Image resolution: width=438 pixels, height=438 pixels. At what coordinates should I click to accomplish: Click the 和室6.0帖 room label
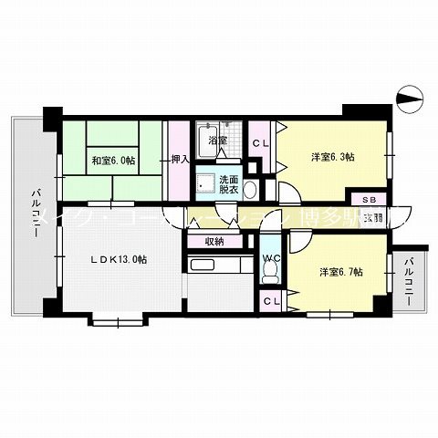click(x=113, y=162)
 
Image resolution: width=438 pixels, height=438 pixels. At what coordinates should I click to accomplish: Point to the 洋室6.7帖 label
click(x=341, y=272)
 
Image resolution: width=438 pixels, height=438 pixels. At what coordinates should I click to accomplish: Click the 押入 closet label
click(x=180, y=159)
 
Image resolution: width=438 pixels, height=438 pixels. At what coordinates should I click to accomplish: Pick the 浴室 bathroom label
click(x=216, y=141)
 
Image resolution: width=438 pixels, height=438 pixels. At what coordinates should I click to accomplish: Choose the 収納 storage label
click(x=214, y=241)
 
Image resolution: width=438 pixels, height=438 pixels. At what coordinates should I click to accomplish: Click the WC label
click(x=271, y=258)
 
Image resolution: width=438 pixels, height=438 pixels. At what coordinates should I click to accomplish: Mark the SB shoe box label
click(x=370, y=199)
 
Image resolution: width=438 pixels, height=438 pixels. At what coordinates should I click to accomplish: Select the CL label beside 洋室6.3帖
click(x=260, y=142)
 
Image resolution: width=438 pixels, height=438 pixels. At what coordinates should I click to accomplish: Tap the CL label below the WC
click(x=270, y=301)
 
